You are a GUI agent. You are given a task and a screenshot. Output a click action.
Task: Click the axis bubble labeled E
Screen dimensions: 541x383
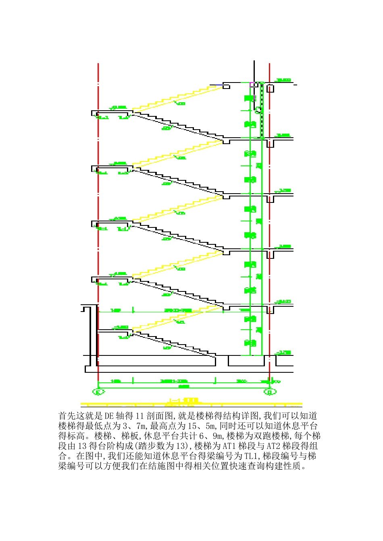tap(98, 391)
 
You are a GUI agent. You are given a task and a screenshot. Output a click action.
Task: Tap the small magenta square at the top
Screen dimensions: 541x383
tap(252, 85)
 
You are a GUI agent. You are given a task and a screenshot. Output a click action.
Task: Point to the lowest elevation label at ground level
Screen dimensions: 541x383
tap(284, 353)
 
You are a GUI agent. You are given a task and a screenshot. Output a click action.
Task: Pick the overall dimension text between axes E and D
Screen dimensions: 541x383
tap(183, 386)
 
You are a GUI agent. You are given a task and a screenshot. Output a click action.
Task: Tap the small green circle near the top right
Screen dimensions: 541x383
tap(258, 110)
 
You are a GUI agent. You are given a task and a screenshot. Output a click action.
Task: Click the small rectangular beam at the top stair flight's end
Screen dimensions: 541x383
tap(227, 86)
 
